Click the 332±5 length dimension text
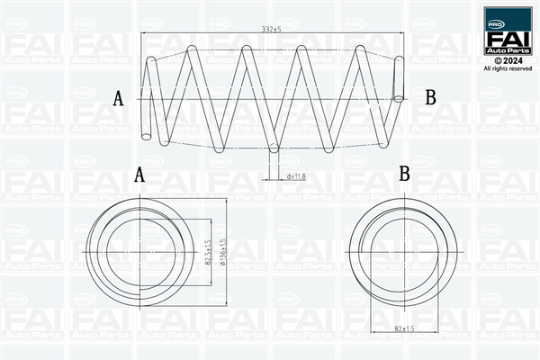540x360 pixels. point(272,31)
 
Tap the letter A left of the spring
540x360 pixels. point(118,99)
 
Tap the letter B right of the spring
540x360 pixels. point(430,97)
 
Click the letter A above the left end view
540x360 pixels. point(139,175)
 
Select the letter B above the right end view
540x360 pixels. point(405,173)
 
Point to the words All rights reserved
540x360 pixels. point(508,68)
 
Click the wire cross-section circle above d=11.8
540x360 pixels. point(274,148)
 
